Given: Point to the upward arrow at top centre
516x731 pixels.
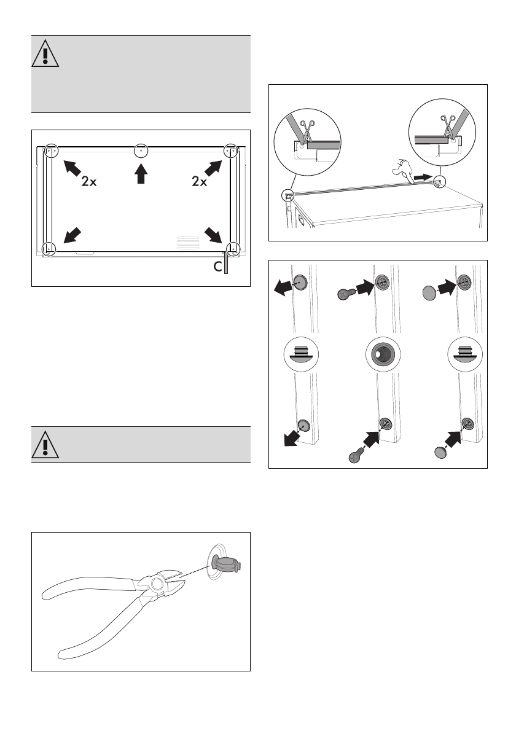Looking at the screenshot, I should pos(141,173).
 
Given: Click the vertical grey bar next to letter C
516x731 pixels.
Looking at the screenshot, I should pos(227,264).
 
